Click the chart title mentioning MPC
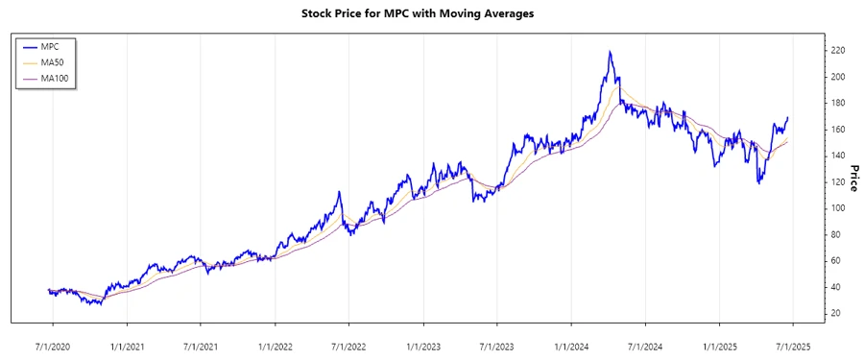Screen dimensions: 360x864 (x=431, y=14)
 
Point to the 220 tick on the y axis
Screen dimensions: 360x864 (x=838, y=50)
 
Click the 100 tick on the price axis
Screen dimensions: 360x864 (x=838, y=208)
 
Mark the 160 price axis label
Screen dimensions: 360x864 (x=838, y=130)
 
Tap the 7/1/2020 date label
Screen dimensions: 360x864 (x=52, y=344)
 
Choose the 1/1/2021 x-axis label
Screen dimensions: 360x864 (x=126, y=344)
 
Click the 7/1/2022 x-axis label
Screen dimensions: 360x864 (x=348, y=344)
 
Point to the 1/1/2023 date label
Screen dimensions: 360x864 (x=422, y=344)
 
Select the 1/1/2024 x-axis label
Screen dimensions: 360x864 (x=570, y=344)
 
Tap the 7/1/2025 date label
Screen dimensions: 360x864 (x=791, y=344)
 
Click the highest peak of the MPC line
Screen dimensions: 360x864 (x=610, y=52)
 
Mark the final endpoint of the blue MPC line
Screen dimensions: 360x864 (x=788, y=118)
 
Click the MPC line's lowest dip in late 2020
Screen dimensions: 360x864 (x=100, y=304)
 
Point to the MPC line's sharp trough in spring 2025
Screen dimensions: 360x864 (x=759, y=182)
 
